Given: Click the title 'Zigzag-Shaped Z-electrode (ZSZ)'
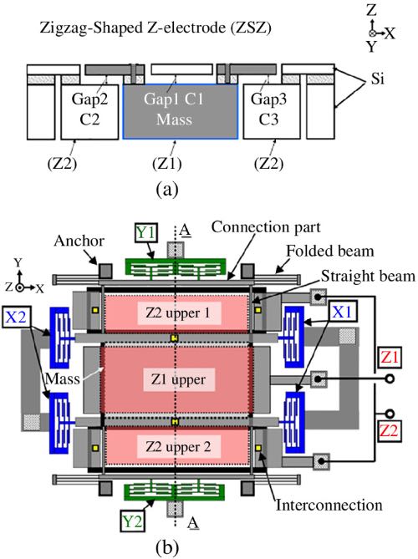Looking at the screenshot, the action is (155, 28).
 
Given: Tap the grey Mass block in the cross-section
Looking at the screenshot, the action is (180, 111).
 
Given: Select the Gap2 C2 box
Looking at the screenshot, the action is (89, 112).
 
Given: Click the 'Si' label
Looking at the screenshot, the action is (378, 79).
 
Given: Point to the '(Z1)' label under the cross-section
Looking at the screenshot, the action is (166, 164).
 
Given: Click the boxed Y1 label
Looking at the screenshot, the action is (146, 233).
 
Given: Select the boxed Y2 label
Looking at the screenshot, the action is (132, 521).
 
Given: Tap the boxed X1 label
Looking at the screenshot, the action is (343, 313).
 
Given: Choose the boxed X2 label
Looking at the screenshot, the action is (17, 317).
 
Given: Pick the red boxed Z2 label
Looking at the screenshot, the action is (389, 430).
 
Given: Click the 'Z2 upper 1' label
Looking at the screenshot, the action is (177, 313).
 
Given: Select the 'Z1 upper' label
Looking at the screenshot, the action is (178, 379).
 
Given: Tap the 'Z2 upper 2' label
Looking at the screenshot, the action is (178, 447).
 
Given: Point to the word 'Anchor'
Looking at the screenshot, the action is (79, 241).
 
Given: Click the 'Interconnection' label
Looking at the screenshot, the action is (329, 506).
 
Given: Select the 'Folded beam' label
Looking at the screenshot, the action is (330, 251).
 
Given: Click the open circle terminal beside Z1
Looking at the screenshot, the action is (390, 379).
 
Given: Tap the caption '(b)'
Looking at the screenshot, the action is (167, 547).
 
